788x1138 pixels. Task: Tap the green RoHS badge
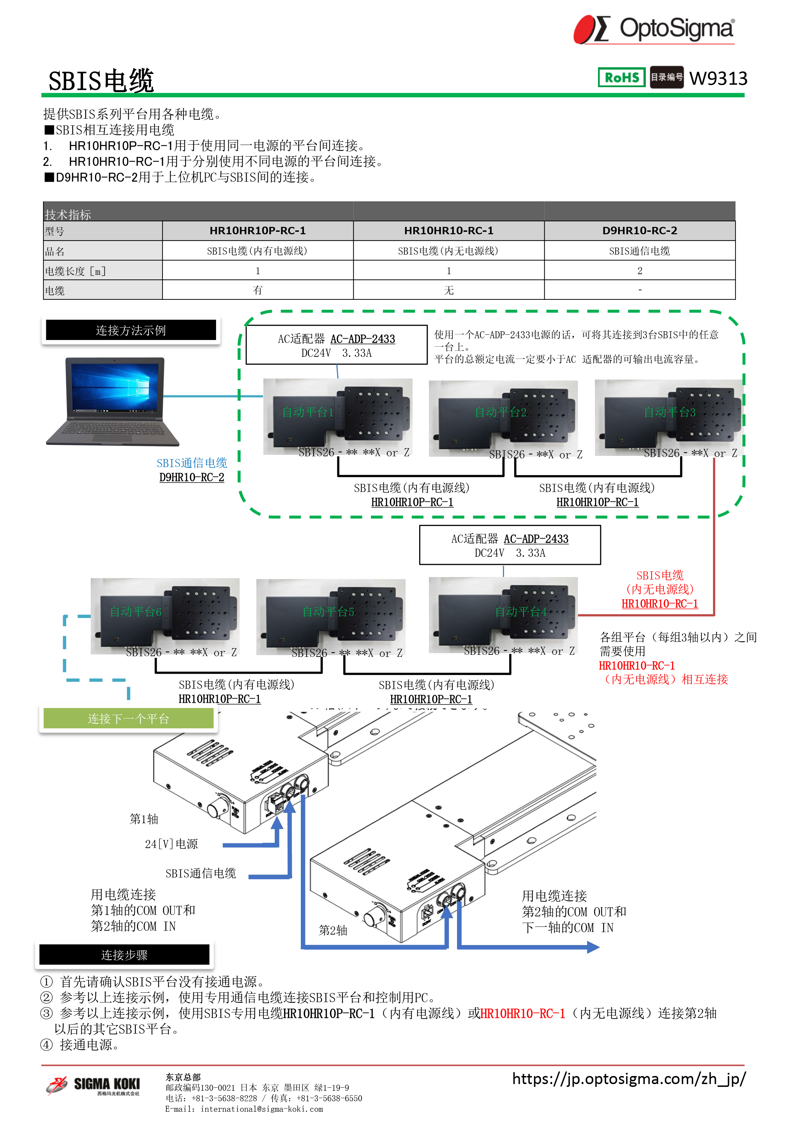622,77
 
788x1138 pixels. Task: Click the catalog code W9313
718,78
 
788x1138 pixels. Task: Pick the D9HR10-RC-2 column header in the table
640,230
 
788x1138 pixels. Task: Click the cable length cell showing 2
640,270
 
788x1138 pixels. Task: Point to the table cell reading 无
448,290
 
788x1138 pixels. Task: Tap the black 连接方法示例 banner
131,330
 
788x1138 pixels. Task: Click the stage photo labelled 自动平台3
669,417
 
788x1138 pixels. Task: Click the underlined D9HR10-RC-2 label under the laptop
192,477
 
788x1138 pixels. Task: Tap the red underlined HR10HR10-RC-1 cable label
659,604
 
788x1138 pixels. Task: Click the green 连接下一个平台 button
129,719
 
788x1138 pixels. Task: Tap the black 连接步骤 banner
124,955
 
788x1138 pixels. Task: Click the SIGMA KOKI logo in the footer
94,1086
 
